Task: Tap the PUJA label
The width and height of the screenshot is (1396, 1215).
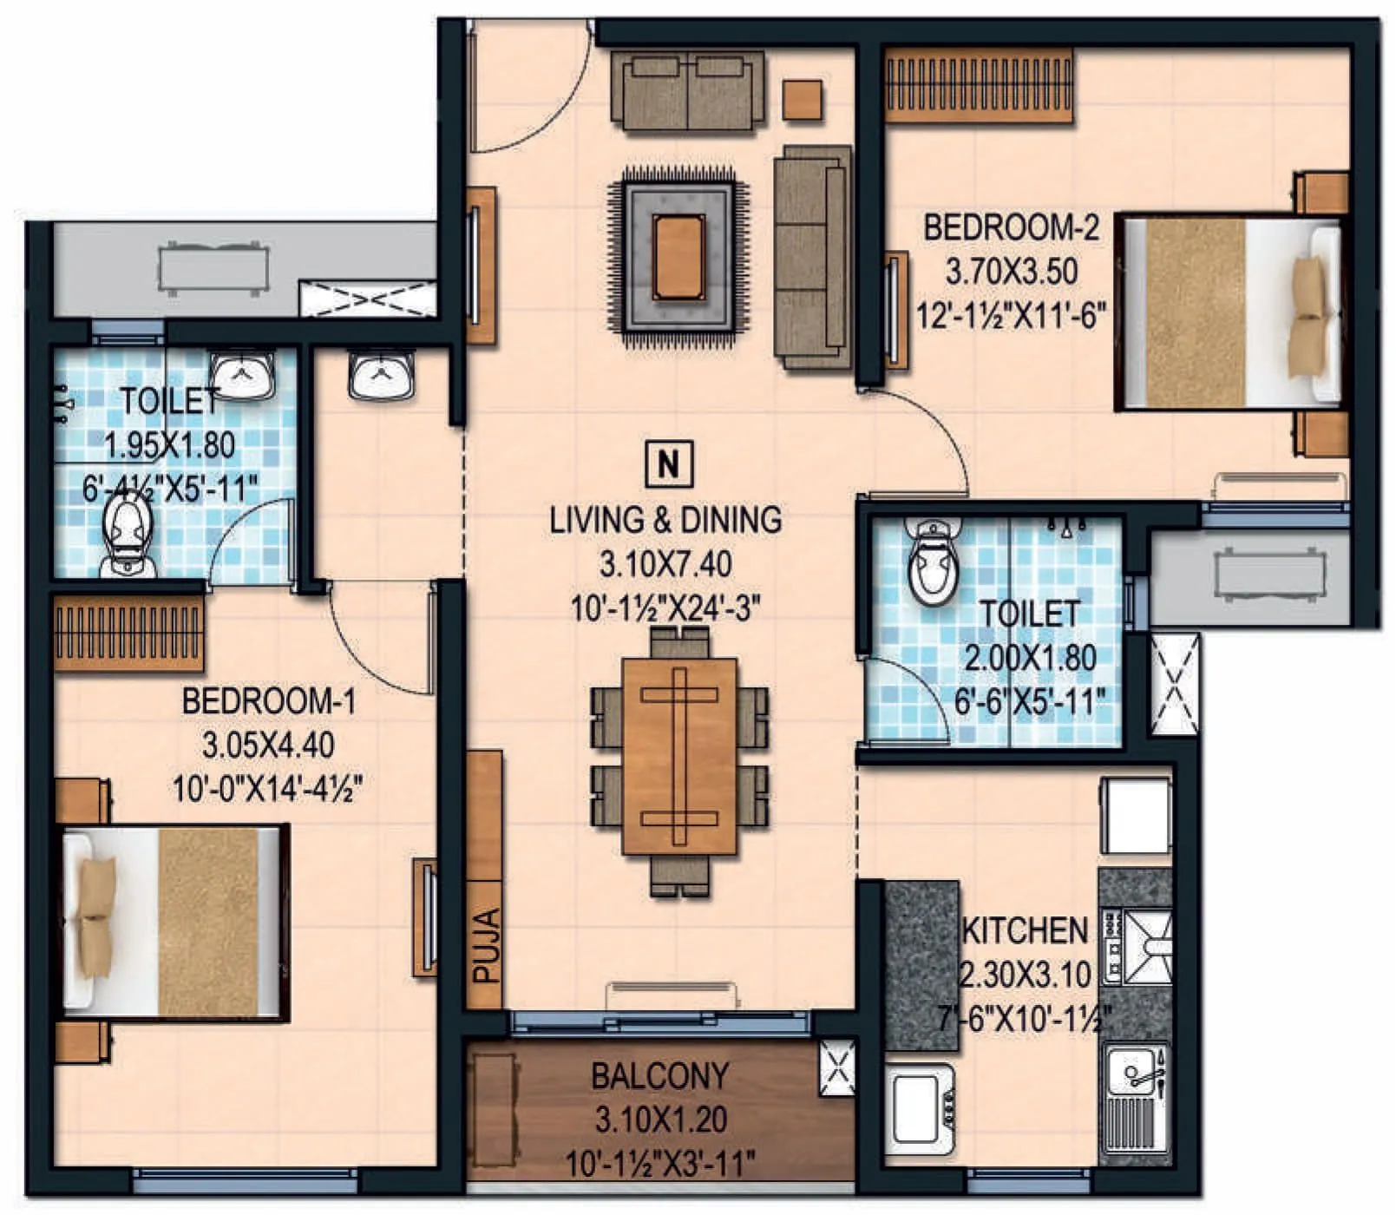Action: (x=486, y=945)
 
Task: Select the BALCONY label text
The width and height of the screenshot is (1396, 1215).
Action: (x=659, y=1076)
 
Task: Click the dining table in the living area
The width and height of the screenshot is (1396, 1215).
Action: (x=679, y=755)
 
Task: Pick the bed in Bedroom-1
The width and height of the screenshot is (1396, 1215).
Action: (x=174, y=922)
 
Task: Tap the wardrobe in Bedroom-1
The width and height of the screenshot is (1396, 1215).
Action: (x=128, y=632)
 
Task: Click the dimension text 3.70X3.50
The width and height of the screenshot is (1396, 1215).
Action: (x=1011, y=271)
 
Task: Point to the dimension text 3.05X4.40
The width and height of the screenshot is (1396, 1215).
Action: (x=267, y=745)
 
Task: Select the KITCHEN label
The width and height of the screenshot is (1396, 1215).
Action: (x=1026, y=930)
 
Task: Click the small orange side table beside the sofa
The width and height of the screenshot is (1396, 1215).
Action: (x=803, y=99)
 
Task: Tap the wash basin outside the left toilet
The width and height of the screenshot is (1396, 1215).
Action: (x=381, y=375)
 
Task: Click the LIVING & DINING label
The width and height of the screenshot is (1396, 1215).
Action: (x=665, y=519)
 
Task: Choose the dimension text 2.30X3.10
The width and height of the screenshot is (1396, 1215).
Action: (x=1024, y=975)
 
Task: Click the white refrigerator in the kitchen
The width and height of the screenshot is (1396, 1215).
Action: (x=1137, y=816)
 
